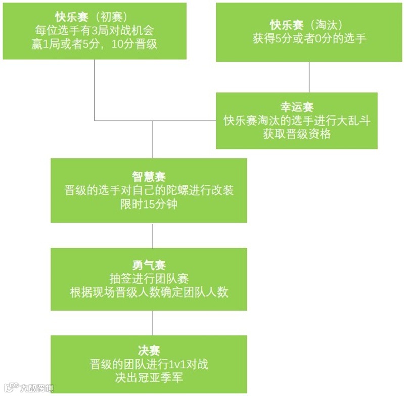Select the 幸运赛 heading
coord(297,107)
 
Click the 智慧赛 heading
coord(149,177)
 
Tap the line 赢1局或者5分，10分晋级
coord(95,44)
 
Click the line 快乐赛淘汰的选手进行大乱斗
coord(297,120)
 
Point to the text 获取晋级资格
coord(297,134)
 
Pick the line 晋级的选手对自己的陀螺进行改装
coord(149,191)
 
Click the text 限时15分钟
coord(149,206)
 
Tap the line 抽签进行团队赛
coord(149,278)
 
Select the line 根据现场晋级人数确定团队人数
coord(149,293)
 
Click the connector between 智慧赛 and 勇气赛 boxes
coord(152,235)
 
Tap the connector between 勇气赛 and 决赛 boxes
coord(152,323)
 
